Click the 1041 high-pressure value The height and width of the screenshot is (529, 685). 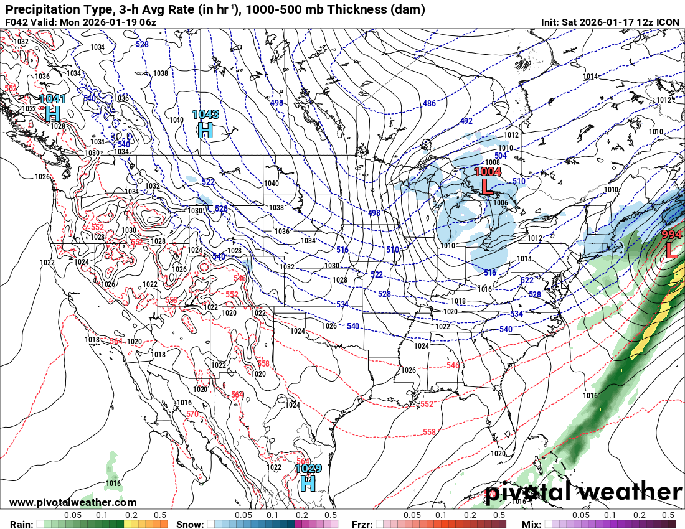click(x=52, y=98)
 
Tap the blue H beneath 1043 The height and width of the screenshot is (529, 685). click(x=205, y=129)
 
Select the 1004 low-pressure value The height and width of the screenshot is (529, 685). click(x=488, y=171)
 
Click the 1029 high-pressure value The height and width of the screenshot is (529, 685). click(x=308, y=469)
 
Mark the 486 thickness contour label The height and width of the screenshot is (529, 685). click(x=429, y=103)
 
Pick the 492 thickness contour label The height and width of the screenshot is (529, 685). click(x=467, y=121)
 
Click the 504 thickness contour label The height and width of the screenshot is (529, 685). click(x=501, y=156)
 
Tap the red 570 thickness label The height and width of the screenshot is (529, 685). click(x=192, y=414)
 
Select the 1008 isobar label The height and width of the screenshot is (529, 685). click(x=493, y=162)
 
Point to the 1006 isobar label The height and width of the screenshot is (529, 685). click(x=500, y=203)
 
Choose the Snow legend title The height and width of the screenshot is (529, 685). click(x=189, y=523)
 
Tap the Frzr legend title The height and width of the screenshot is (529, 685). click(x=362, y=523)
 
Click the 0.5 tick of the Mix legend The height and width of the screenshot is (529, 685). click(x=668, y=515)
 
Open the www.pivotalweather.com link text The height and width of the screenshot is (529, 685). click(x=73, y=502)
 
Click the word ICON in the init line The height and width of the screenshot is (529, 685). click(x=668, y=22)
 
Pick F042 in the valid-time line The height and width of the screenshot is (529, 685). click(x=17, y=22)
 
